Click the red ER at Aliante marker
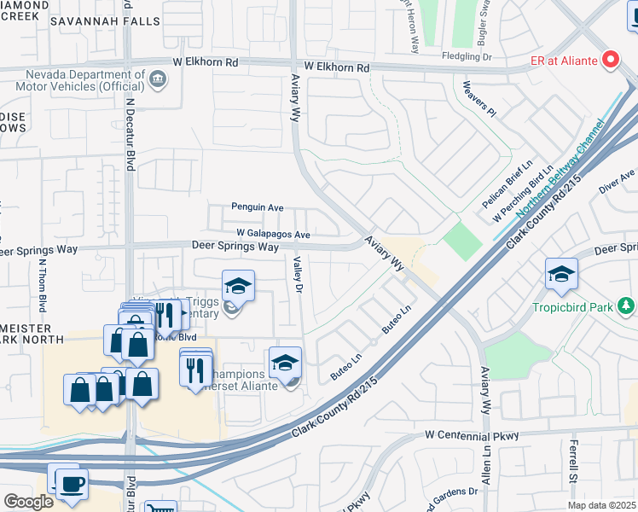click(x=610, y=59)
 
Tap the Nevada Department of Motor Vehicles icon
click(x=157, y=80)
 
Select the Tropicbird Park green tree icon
click(x=627, y=305)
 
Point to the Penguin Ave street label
click(x=257, y=207)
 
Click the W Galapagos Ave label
click(x=273, y=234)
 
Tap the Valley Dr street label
click(x=299, y=276)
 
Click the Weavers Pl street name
click(x=479, y=98)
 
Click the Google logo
click(x=28, y=501)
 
